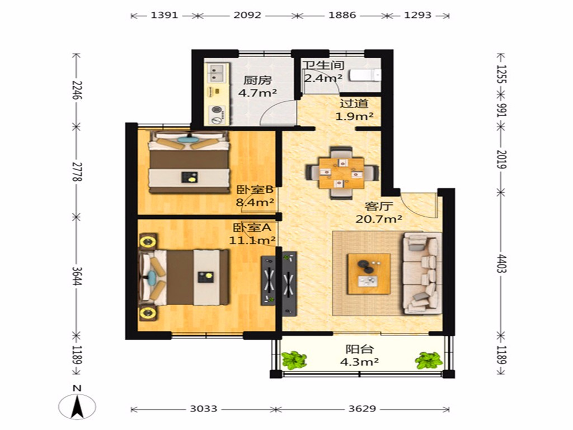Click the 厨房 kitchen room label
click(257, 80)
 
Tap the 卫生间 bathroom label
click(323, 66)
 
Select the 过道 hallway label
click(354, 104)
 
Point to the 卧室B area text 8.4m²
click(255, 202)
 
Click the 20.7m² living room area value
click(379, 219)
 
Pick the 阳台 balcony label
click(360, 349)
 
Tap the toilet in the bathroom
click(365, 76)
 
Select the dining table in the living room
click(341, 173)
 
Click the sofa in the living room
click(422, 273)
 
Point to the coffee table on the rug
click(369, 274)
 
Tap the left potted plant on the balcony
click(294, 361)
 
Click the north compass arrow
click(77, 406)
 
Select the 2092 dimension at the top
click(247, 15)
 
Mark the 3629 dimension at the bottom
click(362, 408)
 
